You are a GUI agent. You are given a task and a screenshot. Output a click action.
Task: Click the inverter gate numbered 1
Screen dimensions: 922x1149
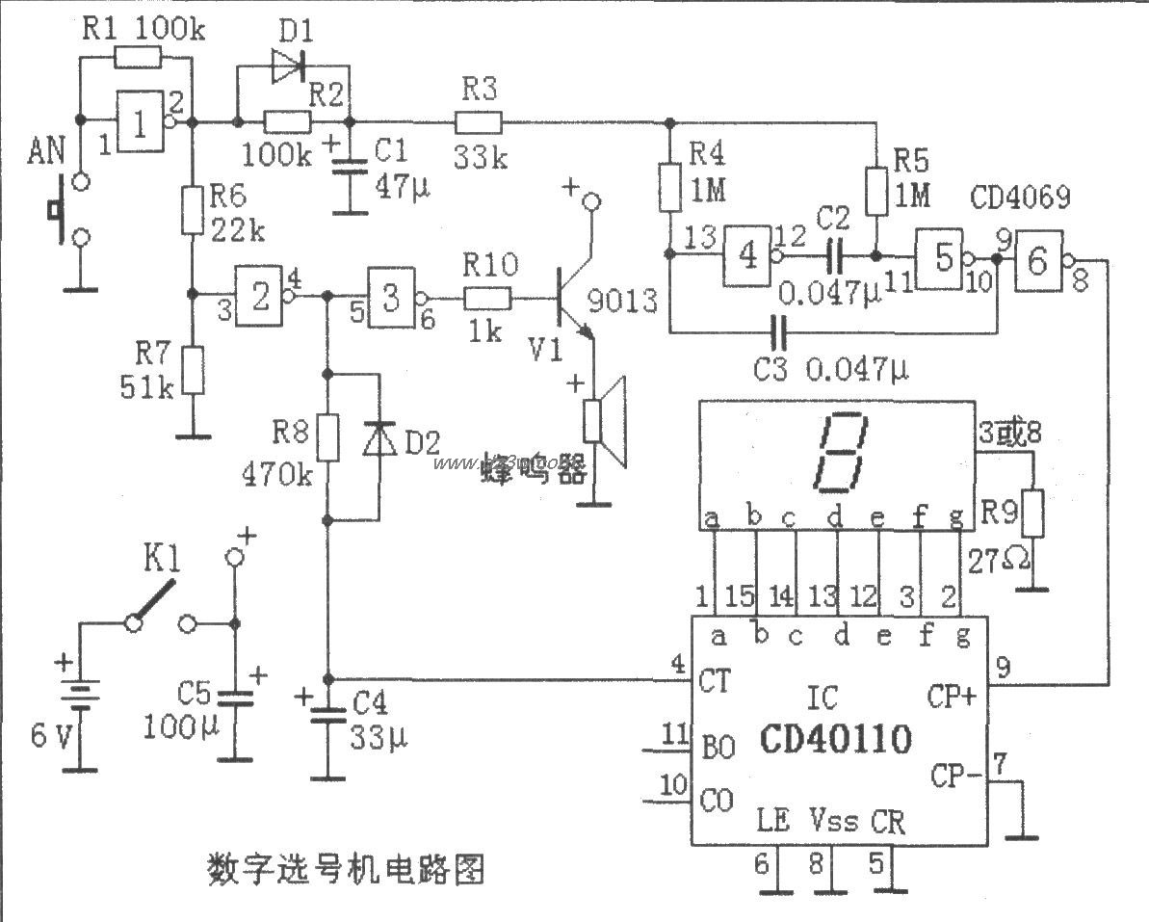point(142,121)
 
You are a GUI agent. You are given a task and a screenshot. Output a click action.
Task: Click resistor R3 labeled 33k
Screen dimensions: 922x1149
point(478,122)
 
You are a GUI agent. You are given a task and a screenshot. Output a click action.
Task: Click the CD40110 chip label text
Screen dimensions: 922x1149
point(834,741)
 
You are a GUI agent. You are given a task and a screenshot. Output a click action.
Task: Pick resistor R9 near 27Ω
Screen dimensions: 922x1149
point(1034,513)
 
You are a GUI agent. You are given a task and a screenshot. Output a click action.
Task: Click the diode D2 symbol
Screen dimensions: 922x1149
point(377,441)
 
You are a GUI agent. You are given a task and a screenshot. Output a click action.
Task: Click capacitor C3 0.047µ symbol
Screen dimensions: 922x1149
point(779,333)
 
